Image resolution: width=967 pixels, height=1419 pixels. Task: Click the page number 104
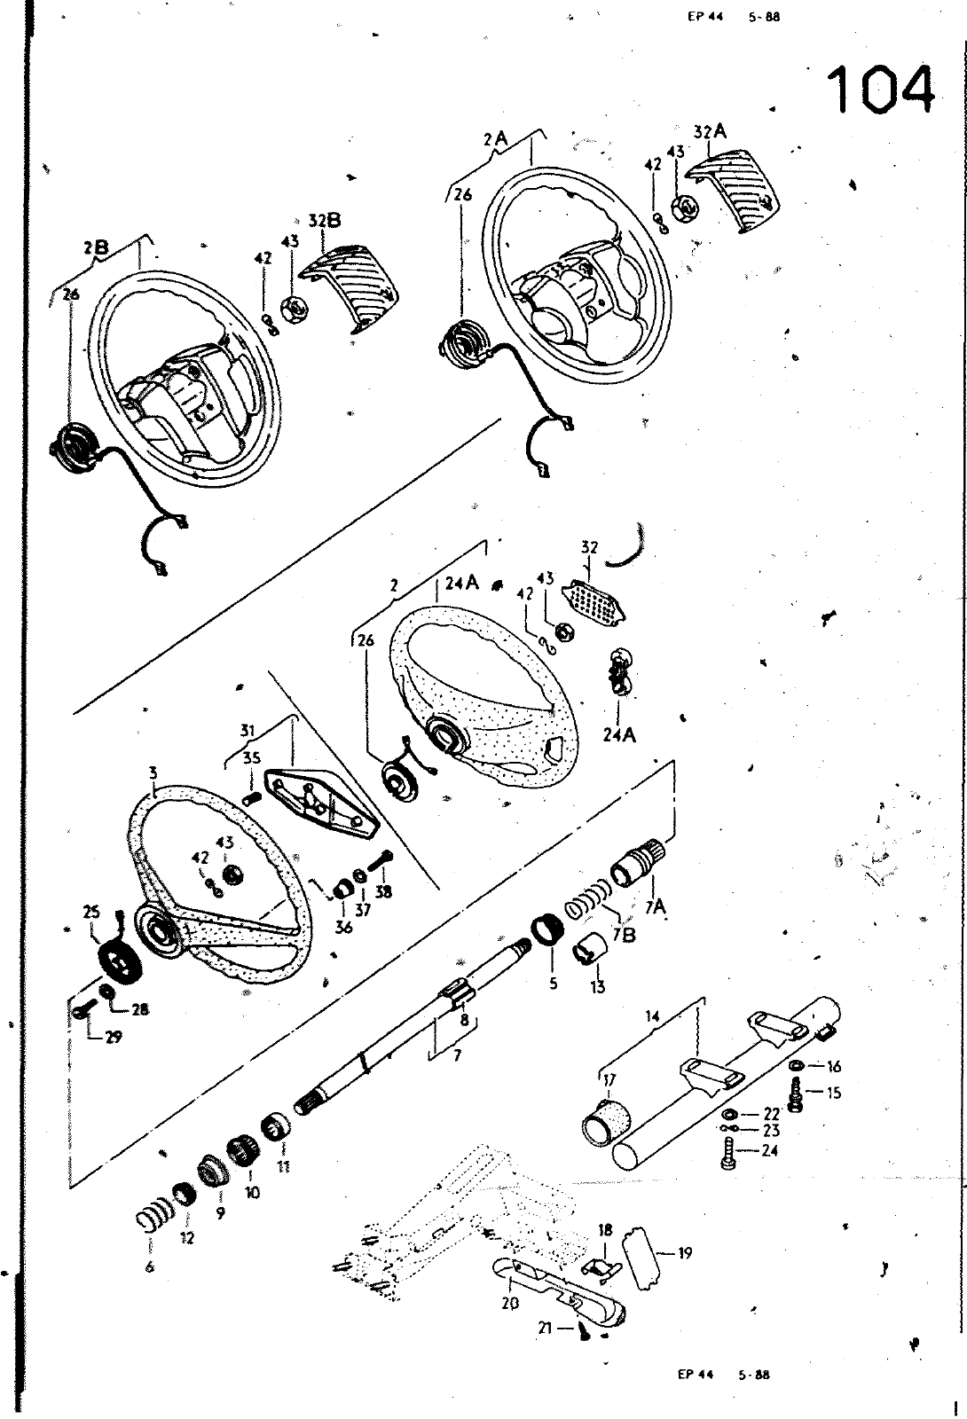[881, 90]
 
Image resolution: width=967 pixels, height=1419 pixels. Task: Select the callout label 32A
[711, 131]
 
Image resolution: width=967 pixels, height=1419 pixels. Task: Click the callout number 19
[684, 1253]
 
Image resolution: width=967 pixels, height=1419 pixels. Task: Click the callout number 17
[609, 1079]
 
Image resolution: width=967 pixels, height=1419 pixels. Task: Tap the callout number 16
[833, 1067]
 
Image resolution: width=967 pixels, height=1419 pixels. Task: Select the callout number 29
[114, 1037]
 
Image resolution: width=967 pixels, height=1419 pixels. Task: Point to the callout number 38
[383, 893]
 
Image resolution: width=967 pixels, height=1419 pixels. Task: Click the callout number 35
[251, 758]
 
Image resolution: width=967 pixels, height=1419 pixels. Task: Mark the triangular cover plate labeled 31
[319, 803]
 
